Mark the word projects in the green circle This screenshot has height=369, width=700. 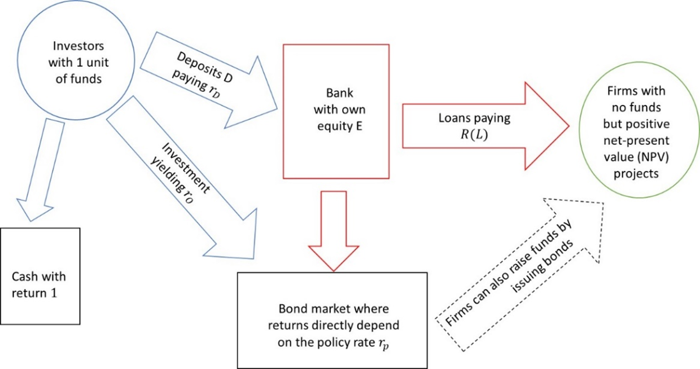click(636, 174)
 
